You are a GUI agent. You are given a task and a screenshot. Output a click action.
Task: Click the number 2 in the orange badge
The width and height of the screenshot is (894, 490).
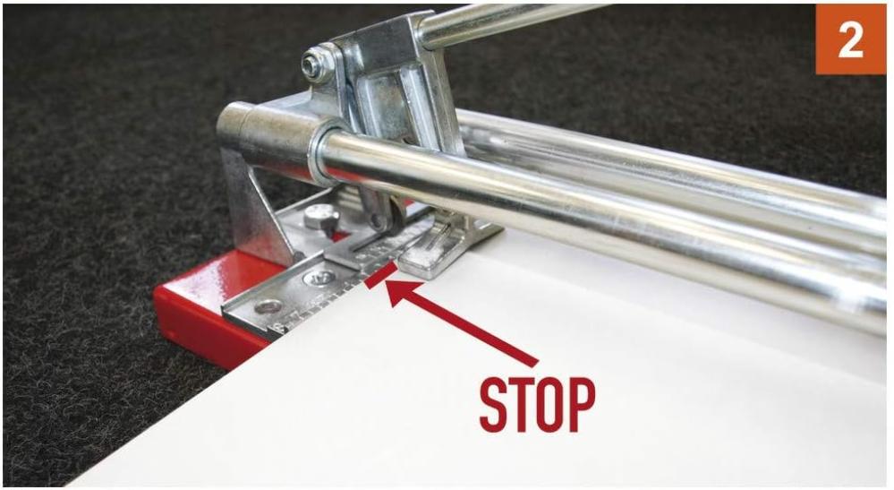[x=850, y=39]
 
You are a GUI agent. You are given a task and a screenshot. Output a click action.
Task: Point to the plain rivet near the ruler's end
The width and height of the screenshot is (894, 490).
[x=268, y=307]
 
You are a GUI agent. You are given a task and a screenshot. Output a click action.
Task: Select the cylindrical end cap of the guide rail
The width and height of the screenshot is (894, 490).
[x=267, y=142]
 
